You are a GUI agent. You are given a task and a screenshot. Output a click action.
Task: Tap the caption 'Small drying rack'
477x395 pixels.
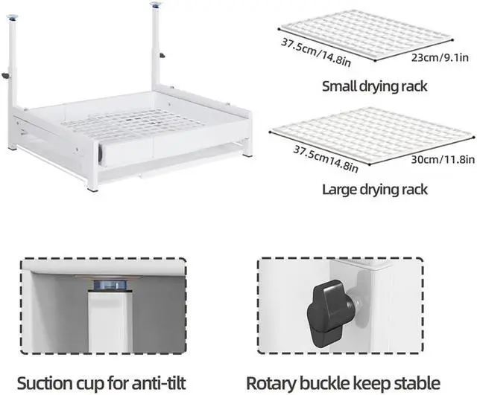click(x=374, y=86)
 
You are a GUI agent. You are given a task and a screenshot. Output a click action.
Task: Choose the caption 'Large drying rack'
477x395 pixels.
click(x=374, y=189)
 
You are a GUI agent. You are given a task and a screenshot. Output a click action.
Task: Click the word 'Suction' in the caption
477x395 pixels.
click(x=50, y=384)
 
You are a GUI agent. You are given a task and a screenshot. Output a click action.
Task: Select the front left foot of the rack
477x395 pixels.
click(x=94, y=188)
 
